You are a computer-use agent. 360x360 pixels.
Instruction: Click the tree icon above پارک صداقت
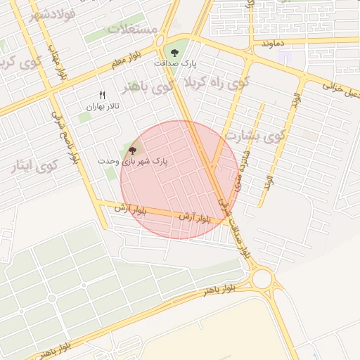(x=174, y=51)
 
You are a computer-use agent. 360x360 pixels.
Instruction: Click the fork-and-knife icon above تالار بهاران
(x=103, y=95)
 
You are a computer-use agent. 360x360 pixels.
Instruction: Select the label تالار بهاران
(x=103, y=106)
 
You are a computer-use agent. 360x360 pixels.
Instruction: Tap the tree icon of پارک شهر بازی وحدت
(x=132, y=149)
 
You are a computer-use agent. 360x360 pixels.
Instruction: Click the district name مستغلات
(x=134, y=29)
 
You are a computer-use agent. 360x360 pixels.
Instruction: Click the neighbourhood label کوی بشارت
(x=255, y=135)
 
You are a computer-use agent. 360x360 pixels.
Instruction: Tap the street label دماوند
(x=272, y=44)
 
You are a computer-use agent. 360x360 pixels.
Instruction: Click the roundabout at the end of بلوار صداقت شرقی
(x=262, y=279)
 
